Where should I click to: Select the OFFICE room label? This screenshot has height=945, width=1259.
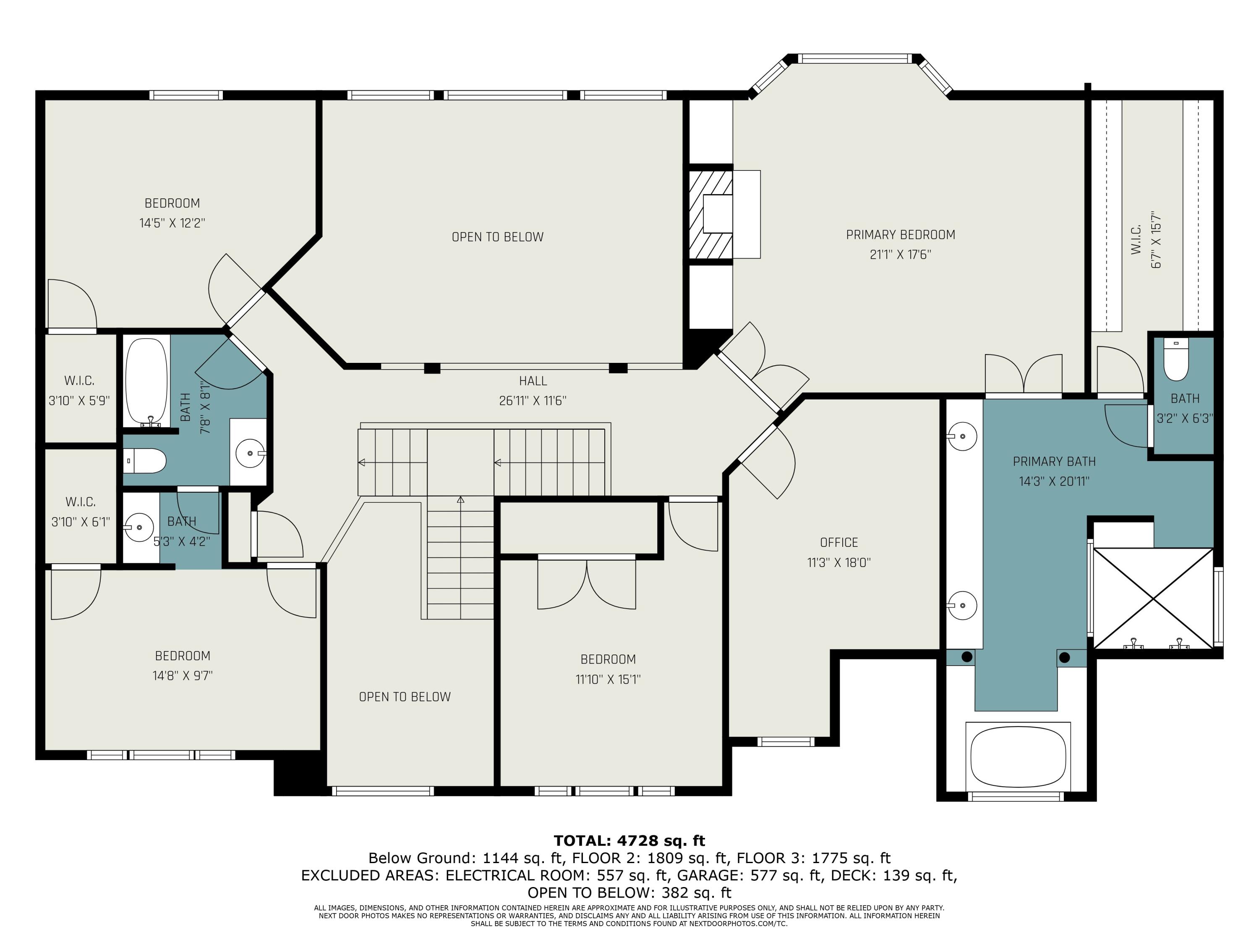[x=838, y=542]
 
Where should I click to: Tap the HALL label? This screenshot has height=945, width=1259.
[x=533, y=381]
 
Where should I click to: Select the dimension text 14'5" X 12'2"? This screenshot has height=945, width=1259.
[x=172, y=223]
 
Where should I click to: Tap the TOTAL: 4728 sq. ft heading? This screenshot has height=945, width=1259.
[x=629, y=841]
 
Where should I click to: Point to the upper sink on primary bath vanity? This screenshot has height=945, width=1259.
[x=962, y=436]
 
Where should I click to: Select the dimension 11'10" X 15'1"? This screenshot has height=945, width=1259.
[x=607, y=679]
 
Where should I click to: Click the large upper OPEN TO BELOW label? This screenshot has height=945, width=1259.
[x=497, y=237]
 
